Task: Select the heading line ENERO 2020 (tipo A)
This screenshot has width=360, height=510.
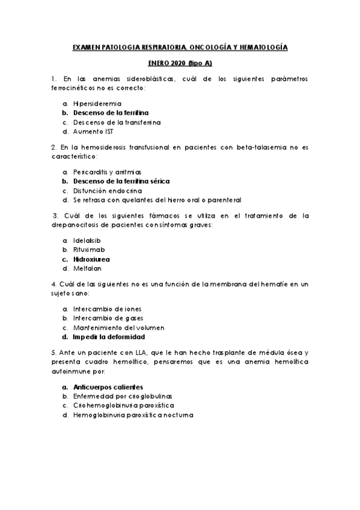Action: pos(180,63)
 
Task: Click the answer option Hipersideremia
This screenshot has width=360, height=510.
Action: pos(97,103)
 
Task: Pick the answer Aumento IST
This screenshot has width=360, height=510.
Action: pos(93,131)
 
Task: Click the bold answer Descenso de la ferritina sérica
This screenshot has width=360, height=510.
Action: pos(121,180)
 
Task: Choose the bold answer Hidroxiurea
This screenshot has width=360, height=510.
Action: pos(91,259)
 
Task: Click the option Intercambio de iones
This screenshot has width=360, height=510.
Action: pos(107,309)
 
